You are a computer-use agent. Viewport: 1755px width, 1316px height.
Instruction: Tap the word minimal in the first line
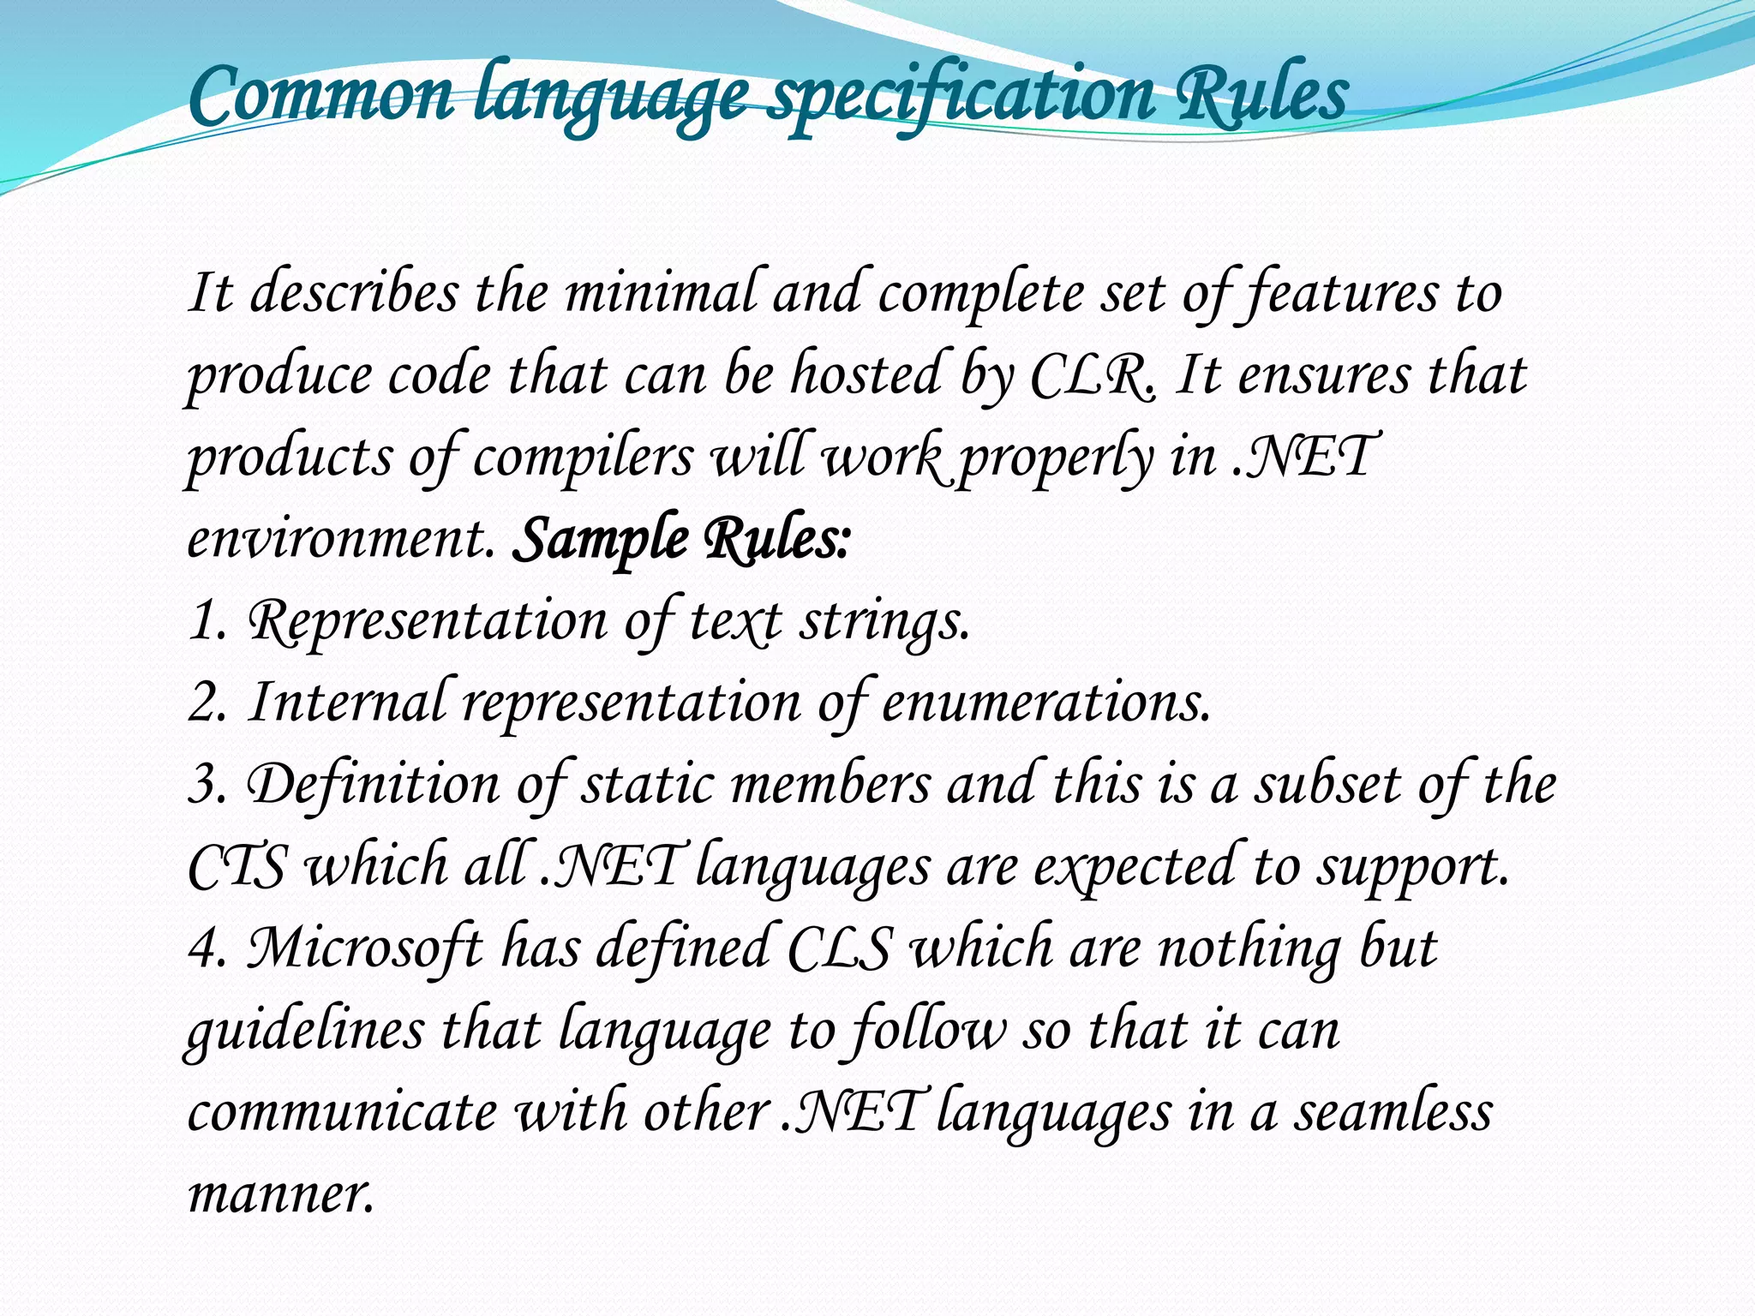660,293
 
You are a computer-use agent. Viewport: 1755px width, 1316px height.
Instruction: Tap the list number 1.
206,620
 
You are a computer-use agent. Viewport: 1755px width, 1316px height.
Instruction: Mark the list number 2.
206,703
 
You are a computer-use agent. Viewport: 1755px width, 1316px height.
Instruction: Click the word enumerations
1045,703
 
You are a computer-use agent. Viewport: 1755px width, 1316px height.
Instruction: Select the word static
648,785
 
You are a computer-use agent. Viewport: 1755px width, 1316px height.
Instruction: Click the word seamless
1393,1112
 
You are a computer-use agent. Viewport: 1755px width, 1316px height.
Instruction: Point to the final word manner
281,1194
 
